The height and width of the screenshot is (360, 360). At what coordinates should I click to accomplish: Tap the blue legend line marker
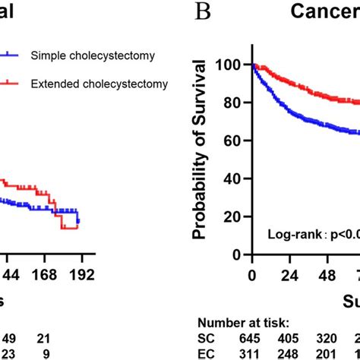click(x=11, y=55)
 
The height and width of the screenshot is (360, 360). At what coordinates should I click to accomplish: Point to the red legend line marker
click(x=11, y=83)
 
